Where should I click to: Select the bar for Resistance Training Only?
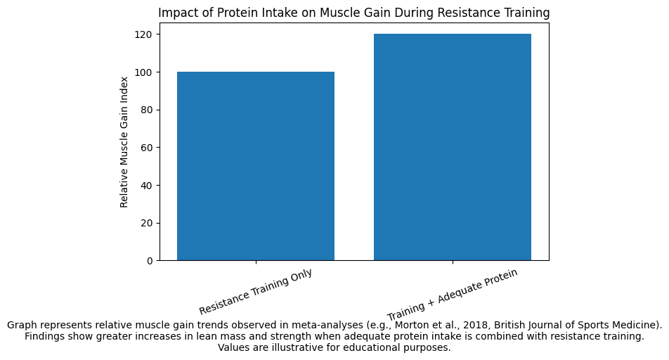click(x=255, y=166)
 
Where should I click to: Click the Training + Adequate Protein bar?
click(x=452, y=147)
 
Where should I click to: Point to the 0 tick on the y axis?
click(x=150, y=261)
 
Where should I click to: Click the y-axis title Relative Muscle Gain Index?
click(x=124, y=141)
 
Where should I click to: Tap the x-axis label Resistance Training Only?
click(x=255, y=292)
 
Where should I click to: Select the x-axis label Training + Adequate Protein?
click(x=452, y=294)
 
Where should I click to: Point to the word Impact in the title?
click(x=176, y=13)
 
